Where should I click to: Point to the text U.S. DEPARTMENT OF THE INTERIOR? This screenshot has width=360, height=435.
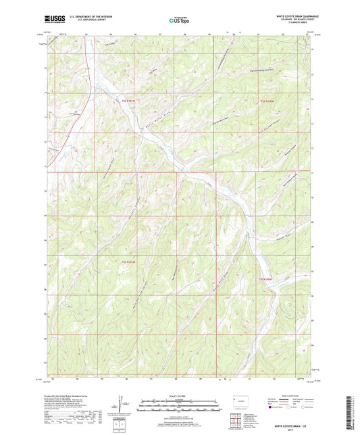point(91,18)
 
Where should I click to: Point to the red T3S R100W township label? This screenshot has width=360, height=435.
point(267,278)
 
